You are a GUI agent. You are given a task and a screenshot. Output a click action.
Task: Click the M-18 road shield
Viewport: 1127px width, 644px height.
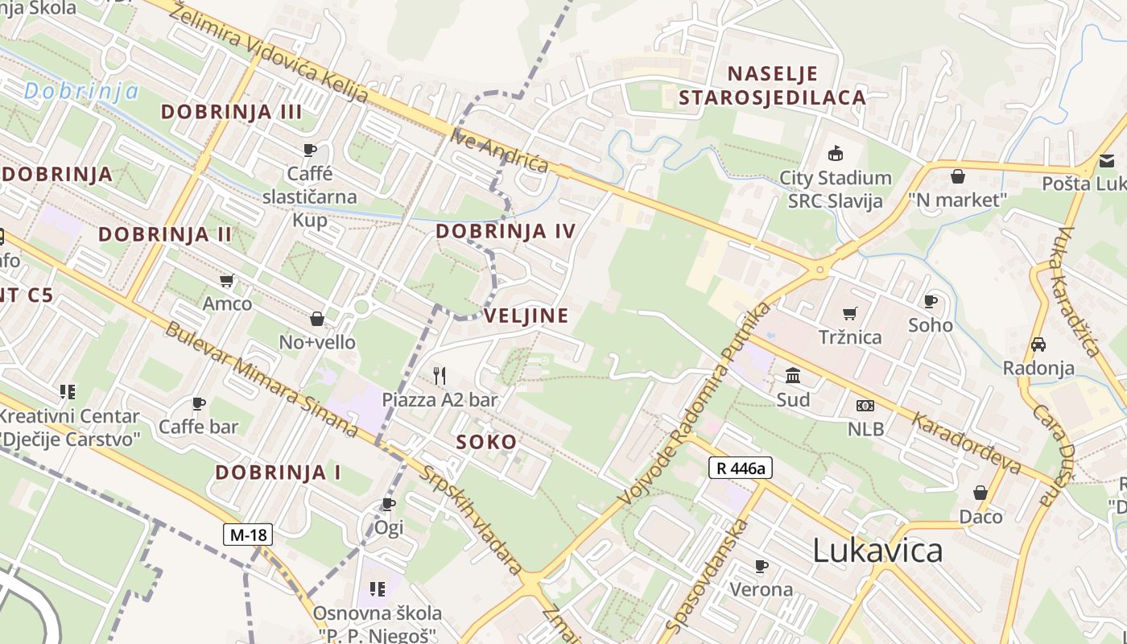[x=248, y=535]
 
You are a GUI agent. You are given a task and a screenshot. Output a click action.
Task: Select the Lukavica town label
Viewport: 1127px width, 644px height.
[x=877, y=551]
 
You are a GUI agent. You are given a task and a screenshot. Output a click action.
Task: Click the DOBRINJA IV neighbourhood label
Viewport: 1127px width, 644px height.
[x=506, y=232]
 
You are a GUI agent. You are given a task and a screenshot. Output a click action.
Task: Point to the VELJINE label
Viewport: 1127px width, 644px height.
[x=526, y=316]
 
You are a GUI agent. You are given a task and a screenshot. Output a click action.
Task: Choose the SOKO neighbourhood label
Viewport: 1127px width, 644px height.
[x=486, y=442]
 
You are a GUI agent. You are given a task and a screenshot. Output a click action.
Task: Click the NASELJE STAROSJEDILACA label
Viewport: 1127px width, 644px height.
[x=772, y=85]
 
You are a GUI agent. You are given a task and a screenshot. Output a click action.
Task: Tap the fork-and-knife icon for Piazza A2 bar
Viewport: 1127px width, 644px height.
[x=440, y=375]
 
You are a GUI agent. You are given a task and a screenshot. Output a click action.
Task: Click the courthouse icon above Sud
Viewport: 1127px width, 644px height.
[x=793, y=376]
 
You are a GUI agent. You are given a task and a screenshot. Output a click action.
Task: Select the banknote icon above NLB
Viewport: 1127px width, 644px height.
[x=865, y=405]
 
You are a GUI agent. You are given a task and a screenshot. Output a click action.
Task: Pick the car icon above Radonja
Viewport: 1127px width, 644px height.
[x=1038, y=345]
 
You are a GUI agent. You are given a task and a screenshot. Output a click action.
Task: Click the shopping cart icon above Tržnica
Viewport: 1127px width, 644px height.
[x=850, y=313]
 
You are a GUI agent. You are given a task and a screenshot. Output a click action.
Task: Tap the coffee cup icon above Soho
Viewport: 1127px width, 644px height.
[x=931, y=301]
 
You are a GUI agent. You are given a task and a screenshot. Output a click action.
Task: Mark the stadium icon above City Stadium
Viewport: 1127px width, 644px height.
[x=836, y=153]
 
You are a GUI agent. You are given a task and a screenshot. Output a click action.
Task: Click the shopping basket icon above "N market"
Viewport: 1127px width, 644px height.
[x=958, y=175]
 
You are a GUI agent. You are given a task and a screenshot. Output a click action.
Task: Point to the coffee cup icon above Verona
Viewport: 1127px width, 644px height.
[x=762, y=565]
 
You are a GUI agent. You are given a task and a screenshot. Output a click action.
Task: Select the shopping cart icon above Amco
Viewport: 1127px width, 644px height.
[x=227, y=280]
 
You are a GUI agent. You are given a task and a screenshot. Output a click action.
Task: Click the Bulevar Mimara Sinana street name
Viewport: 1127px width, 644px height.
[x=262, y=380]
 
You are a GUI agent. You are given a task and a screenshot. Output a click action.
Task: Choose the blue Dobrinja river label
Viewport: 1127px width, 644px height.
[x=80, y=91]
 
